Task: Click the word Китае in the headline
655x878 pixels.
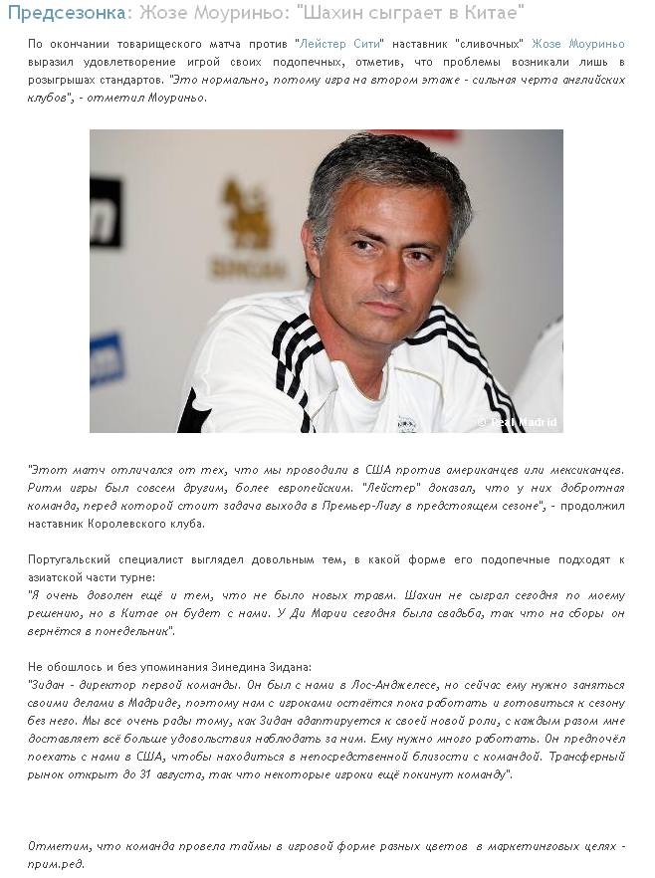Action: click(492, 13)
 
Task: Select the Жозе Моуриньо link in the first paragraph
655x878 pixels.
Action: click(577, 44)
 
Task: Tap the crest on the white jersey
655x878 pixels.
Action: click(405, 422)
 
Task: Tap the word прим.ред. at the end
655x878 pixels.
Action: click(56, 863)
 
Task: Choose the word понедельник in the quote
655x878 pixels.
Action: click(130, 631)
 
